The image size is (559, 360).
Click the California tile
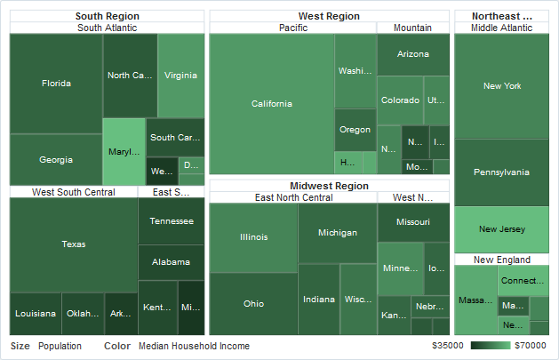coord(271,104)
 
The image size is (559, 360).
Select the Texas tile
coord(74,244)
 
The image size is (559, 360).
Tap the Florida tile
coord(56,84)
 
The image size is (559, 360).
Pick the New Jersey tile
coord(501,229)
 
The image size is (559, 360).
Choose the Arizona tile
coord(412,54)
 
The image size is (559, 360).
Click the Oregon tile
coord(355,130)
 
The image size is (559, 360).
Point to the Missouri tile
coord(412,221)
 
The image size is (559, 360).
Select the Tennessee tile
coord(171,220)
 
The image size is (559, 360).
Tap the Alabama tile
coord(171,262)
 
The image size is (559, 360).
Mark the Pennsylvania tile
coord(501,172)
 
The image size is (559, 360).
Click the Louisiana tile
coord(36,314)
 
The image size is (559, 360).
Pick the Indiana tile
coord(319,300)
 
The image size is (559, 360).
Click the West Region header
coord(329,16)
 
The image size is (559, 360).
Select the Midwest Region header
coord(329,186)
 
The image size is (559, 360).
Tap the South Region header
coord(107,16)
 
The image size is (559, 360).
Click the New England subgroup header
coord(501,260)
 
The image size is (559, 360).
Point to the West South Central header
coord(73,192)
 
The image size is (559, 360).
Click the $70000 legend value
coord(531,346)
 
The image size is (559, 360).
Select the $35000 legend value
coord(448,346)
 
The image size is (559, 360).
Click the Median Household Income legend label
coord(194,346)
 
